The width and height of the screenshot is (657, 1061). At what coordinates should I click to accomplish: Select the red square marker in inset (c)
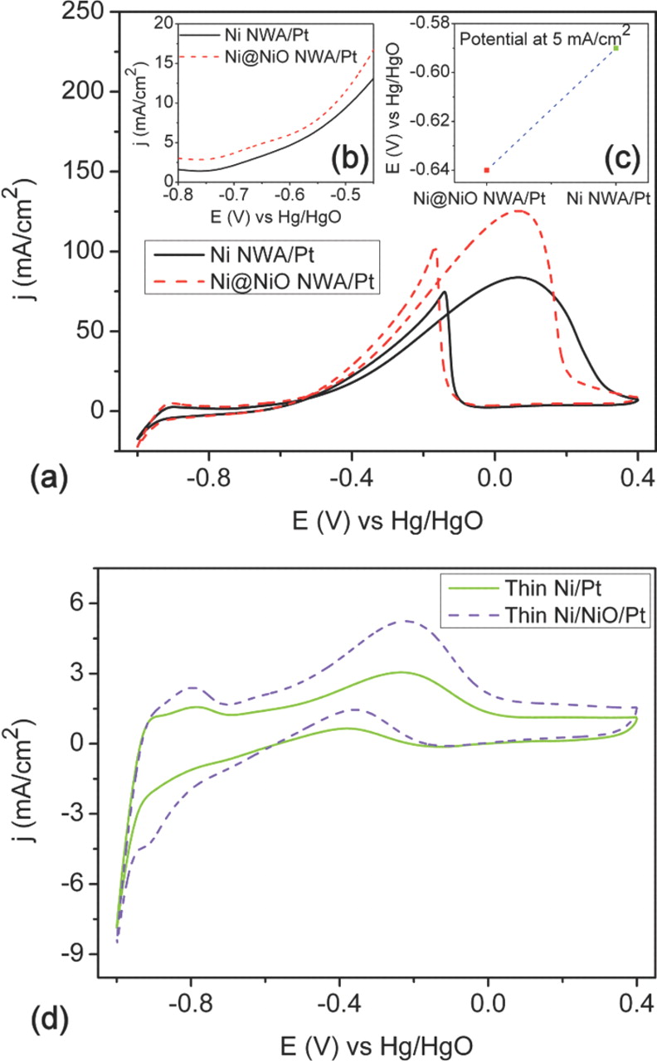pos(486,169)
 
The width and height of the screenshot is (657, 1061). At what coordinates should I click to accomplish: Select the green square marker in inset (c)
pos(616,48)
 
